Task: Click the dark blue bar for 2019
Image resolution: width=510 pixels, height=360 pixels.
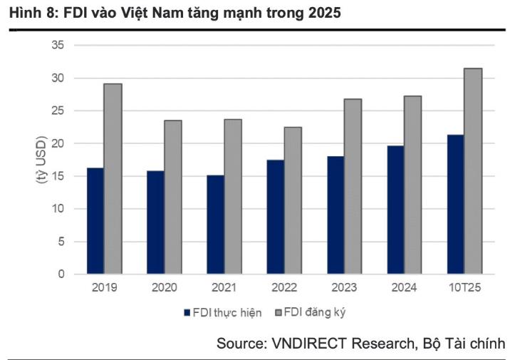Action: coord(95,221)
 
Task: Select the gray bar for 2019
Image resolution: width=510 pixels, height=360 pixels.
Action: coord(113,179)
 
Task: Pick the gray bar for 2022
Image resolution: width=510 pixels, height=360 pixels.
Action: coord(293,200)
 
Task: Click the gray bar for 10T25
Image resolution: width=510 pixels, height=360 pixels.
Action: coord(474,171)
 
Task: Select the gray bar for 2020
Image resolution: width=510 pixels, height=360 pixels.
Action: coord(173,197)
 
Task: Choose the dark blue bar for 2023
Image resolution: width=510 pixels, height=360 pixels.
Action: coord(335,215)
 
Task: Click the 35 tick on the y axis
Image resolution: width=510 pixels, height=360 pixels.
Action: coord(58,45)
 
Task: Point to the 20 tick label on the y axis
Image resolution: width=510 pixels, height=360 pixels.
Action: coord(58,143)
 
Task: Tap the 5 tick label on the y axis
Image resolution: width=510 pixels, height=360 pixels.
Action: coord(61,242)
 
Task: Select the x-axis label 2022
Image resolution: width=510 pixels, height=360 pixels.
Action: coord(285,289)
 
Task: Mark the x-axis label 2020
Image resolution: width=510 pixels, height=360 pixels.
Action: coord(165,289)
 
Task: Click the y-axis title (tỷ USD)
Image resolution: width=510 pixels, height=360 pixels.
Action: coord(40,160)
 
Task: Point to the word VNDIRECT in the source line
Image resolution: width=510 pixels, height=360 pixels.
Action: coord(306,344)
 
